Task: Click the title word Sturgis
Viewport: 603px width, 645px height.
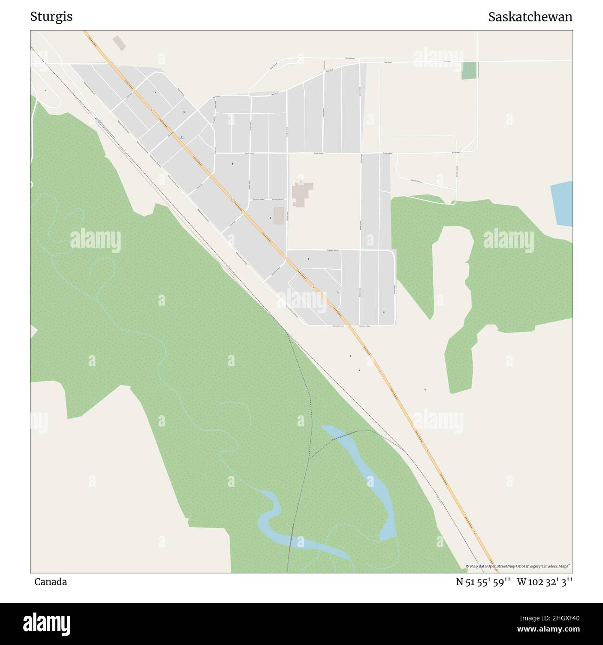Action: tap(51, 17)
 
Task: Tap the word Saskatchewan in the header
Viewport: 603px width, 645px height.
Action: tap(530, 17)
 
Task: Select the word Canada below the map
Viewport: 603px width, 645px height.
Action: tap(50, 582)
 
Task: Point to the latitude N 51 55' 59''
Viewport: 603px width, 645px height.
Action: tap(483, 582)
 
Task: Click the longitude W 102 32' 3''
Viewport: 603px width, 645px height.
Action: tap(545, 582)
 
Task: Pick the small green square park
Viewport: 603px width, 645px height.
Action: tap(469, 71)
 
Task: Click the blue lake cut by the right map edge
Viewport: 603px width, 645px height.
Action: tap(562, 204)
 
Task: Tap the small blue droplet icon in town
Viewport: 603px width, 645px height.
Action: tap(181, 137)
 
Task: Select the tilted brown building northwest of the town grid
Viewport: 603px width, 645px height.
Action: tap(120, 43)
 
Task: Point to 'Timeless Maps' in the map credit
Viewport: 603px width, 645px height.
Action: tap(559, 566)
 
